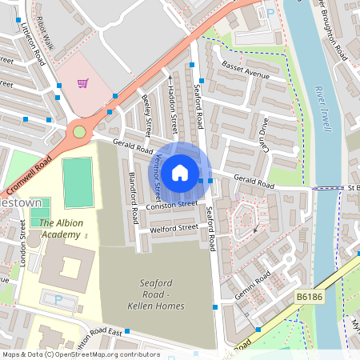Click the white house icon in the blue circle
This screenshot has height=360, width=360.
coord(180,172)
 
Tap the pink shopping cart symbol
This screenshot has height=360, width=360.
coord(82,82)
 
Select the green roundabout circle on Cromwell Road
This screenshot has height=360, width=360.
coord(79,131)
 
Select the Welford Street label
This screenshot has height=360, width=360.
coord(174,228)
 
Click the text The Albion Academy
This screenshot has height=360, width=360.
coord(60,230)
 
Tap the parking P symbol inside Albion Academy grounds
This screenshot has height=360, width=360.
coord(58,299)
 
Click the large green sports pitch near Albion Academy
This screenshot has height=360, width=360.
coord(78,182)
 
